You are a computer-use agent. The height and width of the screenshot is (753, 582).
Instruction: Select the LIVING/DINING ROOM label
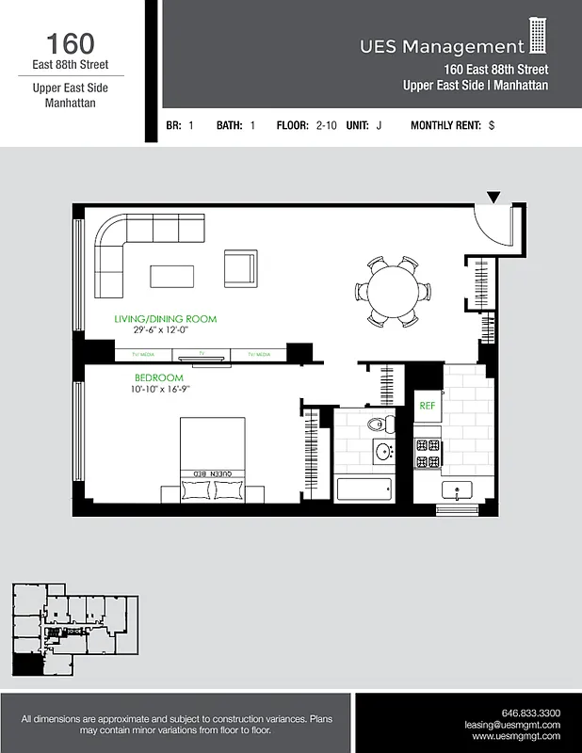coord(165,319)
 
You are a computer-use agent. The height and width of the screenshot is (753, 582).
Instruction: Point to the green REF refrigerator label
coord(427,406)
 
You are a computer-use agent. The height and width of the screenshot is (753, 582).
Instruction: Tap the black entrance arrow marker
coord(493,197)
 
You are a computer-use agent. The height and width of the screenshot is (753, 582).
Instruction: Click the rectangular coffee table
coord(172,276)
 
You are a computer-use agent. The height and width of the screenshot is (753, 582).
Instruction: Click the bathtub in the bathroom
coord(364,489)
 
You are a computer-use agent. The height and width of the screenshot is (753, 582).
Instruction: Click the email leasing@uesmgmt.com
coord(512,726)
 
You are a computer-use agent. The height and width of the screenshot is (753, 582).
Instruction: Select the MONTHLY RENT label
coord(445,124)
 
